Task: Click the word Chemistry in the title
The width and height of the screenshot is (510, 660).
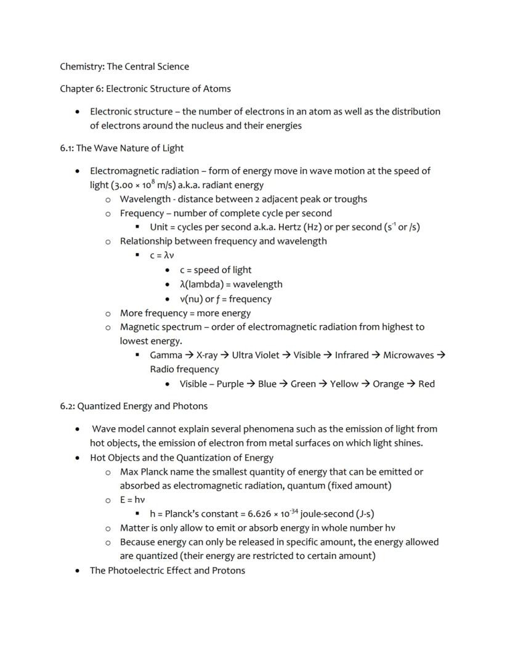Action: point(82,67)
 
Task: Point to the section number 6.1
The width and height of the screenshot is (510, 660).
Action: point(67,148)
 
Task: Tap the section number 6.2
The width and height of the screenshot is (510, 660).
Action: point(67,406)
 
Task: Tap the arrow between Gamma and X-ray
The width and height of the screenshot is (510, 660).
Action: point(189,355)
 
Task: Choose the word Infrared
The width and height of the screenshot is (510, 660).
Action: point(351,355)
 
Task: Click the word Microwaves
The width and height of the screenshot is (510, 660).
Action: point(408,355)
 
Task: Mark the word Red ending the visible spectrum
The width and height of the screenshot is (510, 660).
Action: point(426,384)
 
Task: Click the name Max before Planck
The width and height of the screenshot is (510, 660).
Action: point(129,472)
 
